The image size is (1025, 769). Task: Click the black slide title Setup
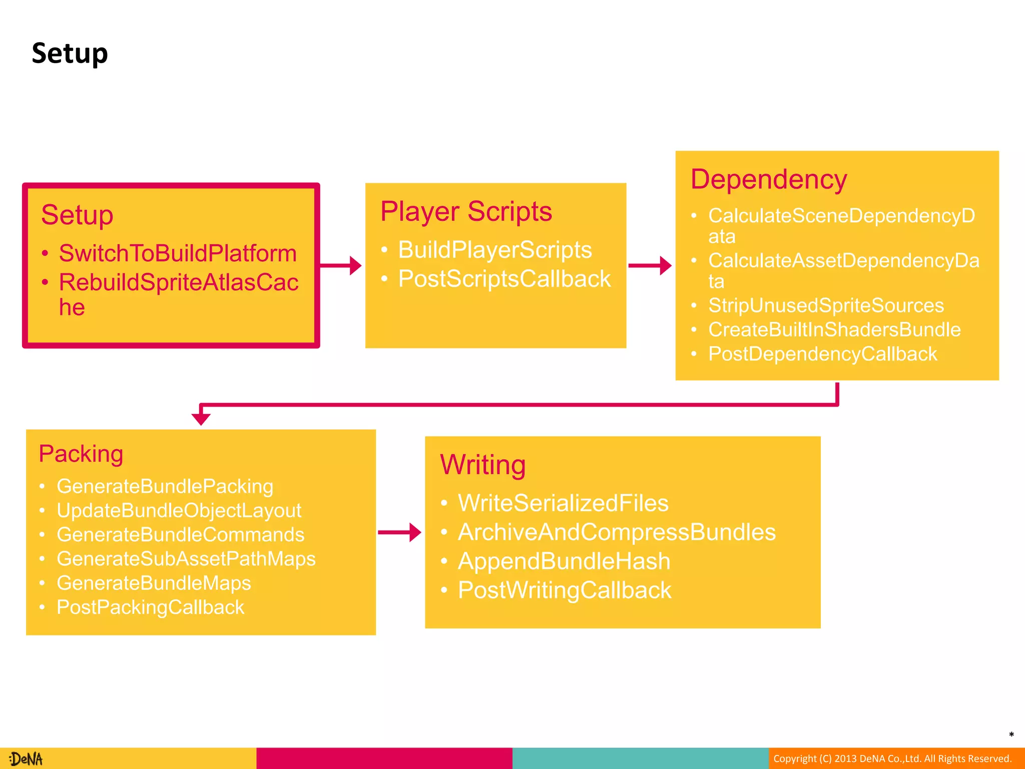click(70, 54)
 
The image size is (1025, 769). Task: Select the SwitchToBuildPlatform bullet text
click(178, 253)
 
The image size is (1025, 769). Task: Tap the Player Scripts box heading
click(466, 211)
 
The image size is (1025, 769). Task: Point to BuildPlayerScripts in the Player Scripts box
click(494, 250)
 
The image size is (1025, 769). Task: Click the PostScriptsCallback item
click(504, 279)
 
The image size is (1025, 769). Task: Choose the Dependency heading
click(768, 179)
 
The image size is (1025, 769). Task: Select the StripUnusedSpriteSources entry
click(826, 305)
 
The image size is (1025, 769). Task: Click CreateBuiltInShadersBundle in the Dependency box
click(834, 329)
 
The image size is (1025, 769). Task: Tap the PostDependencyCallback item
click(822, 354)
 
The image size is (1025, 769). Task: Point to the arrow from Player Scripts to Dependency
click(650, 265)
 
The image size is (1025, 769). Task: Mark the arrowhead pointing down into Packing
click(201, 418)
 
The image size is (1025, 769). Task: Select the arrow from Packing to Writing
click(399, 532)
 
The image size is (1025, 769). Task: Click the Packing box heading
click(81, 454)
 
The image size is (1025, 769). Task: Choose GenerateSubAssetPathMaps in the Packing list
click(186, 559)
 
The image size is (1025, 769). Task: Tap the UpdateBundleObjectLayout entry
click(179, 511)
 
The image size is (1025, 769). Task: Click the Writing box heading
click(482, 465)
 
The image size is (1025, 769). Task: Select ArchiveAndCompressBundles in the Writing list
click(617, 532)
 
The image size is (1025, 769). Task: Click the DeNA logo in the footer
click(26, 759)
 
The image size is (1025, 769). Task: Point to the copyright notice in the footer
click(892, 758)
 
